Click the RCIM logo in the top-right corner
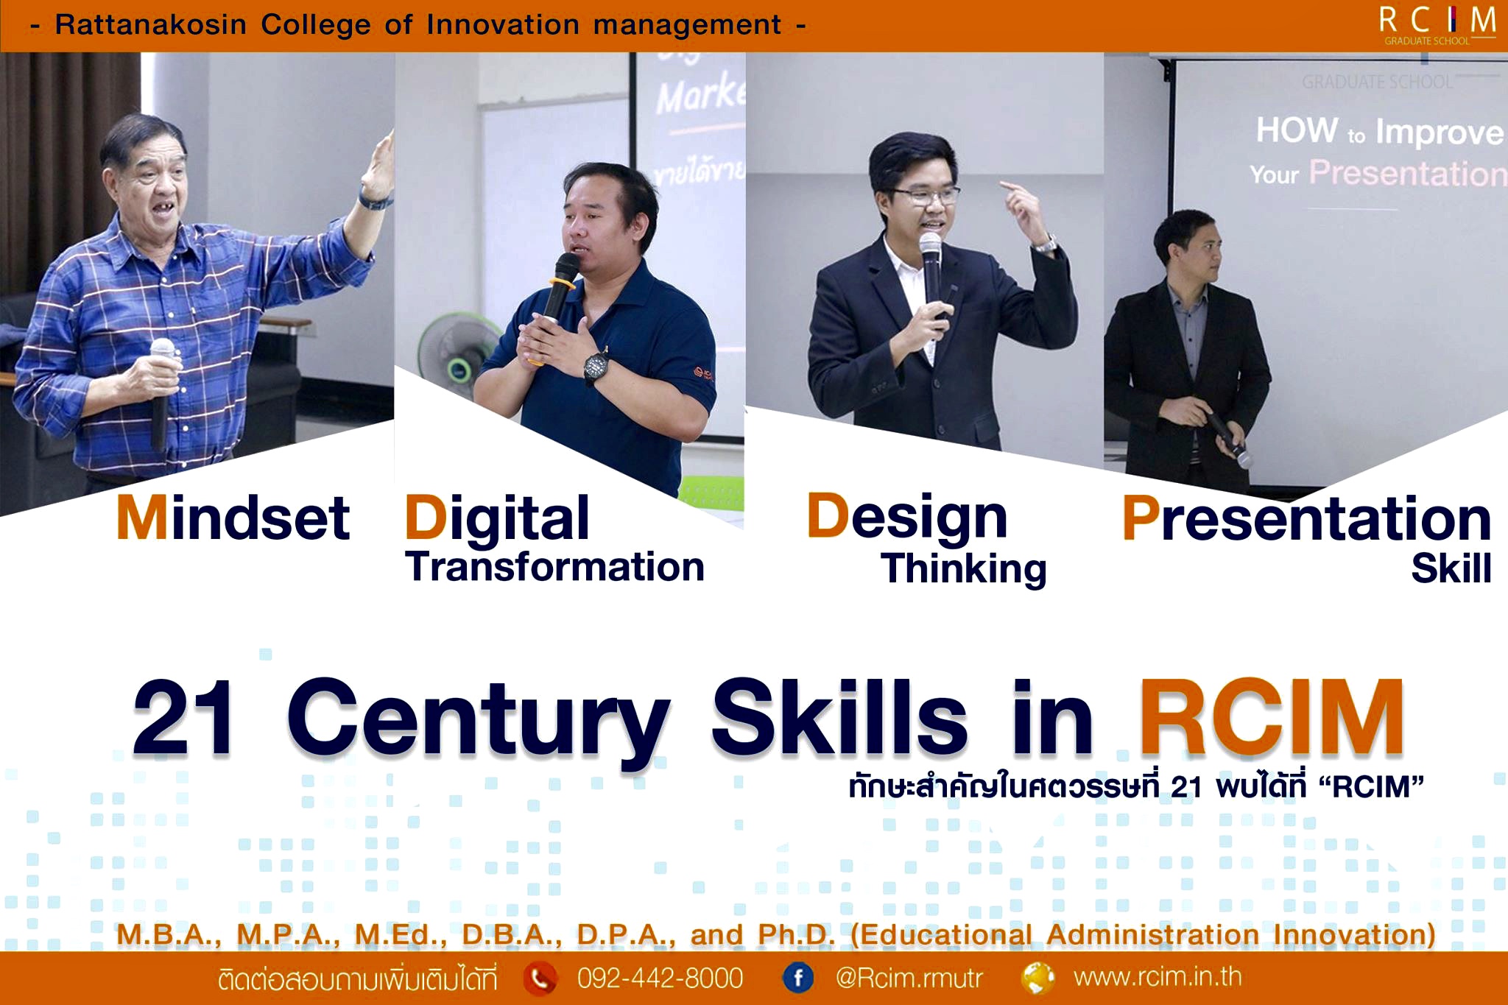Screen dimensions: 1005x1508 pos(1437,25)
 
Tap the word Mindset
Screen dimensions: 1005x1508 pos(233,518)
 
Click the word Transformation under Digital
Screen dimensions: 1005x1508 pos(554,568)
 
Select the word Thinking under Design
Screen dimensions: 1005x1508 pos(963,569)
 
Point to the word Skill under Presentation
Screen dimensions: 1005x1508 pos(1451,568)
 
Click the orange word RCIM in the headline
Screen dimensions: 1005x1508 pos(1272,719)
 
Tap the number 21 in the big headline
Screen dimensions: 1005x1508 pos(184,719)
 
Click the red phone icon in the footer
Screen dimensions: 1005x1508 pos(540,978)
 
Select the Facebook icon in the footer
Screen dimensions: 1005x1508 pos(797,978)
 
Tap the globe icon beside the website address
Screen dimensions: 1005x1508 pos(1037,978)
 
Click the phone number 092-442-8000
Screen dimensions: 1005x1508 pos(660,978)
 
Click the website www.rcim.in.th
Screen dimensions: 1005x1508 pos(1158,977)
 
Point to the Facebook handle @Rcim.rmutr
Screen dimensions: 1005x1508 pos(909,978)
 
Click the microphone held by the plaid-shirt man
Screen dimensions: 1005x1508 pos(161,390)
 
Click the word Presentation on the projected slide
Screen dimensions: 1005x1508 pos(1406,174)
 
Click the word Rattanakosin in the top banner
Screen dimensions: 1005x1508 pos(150,25)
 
